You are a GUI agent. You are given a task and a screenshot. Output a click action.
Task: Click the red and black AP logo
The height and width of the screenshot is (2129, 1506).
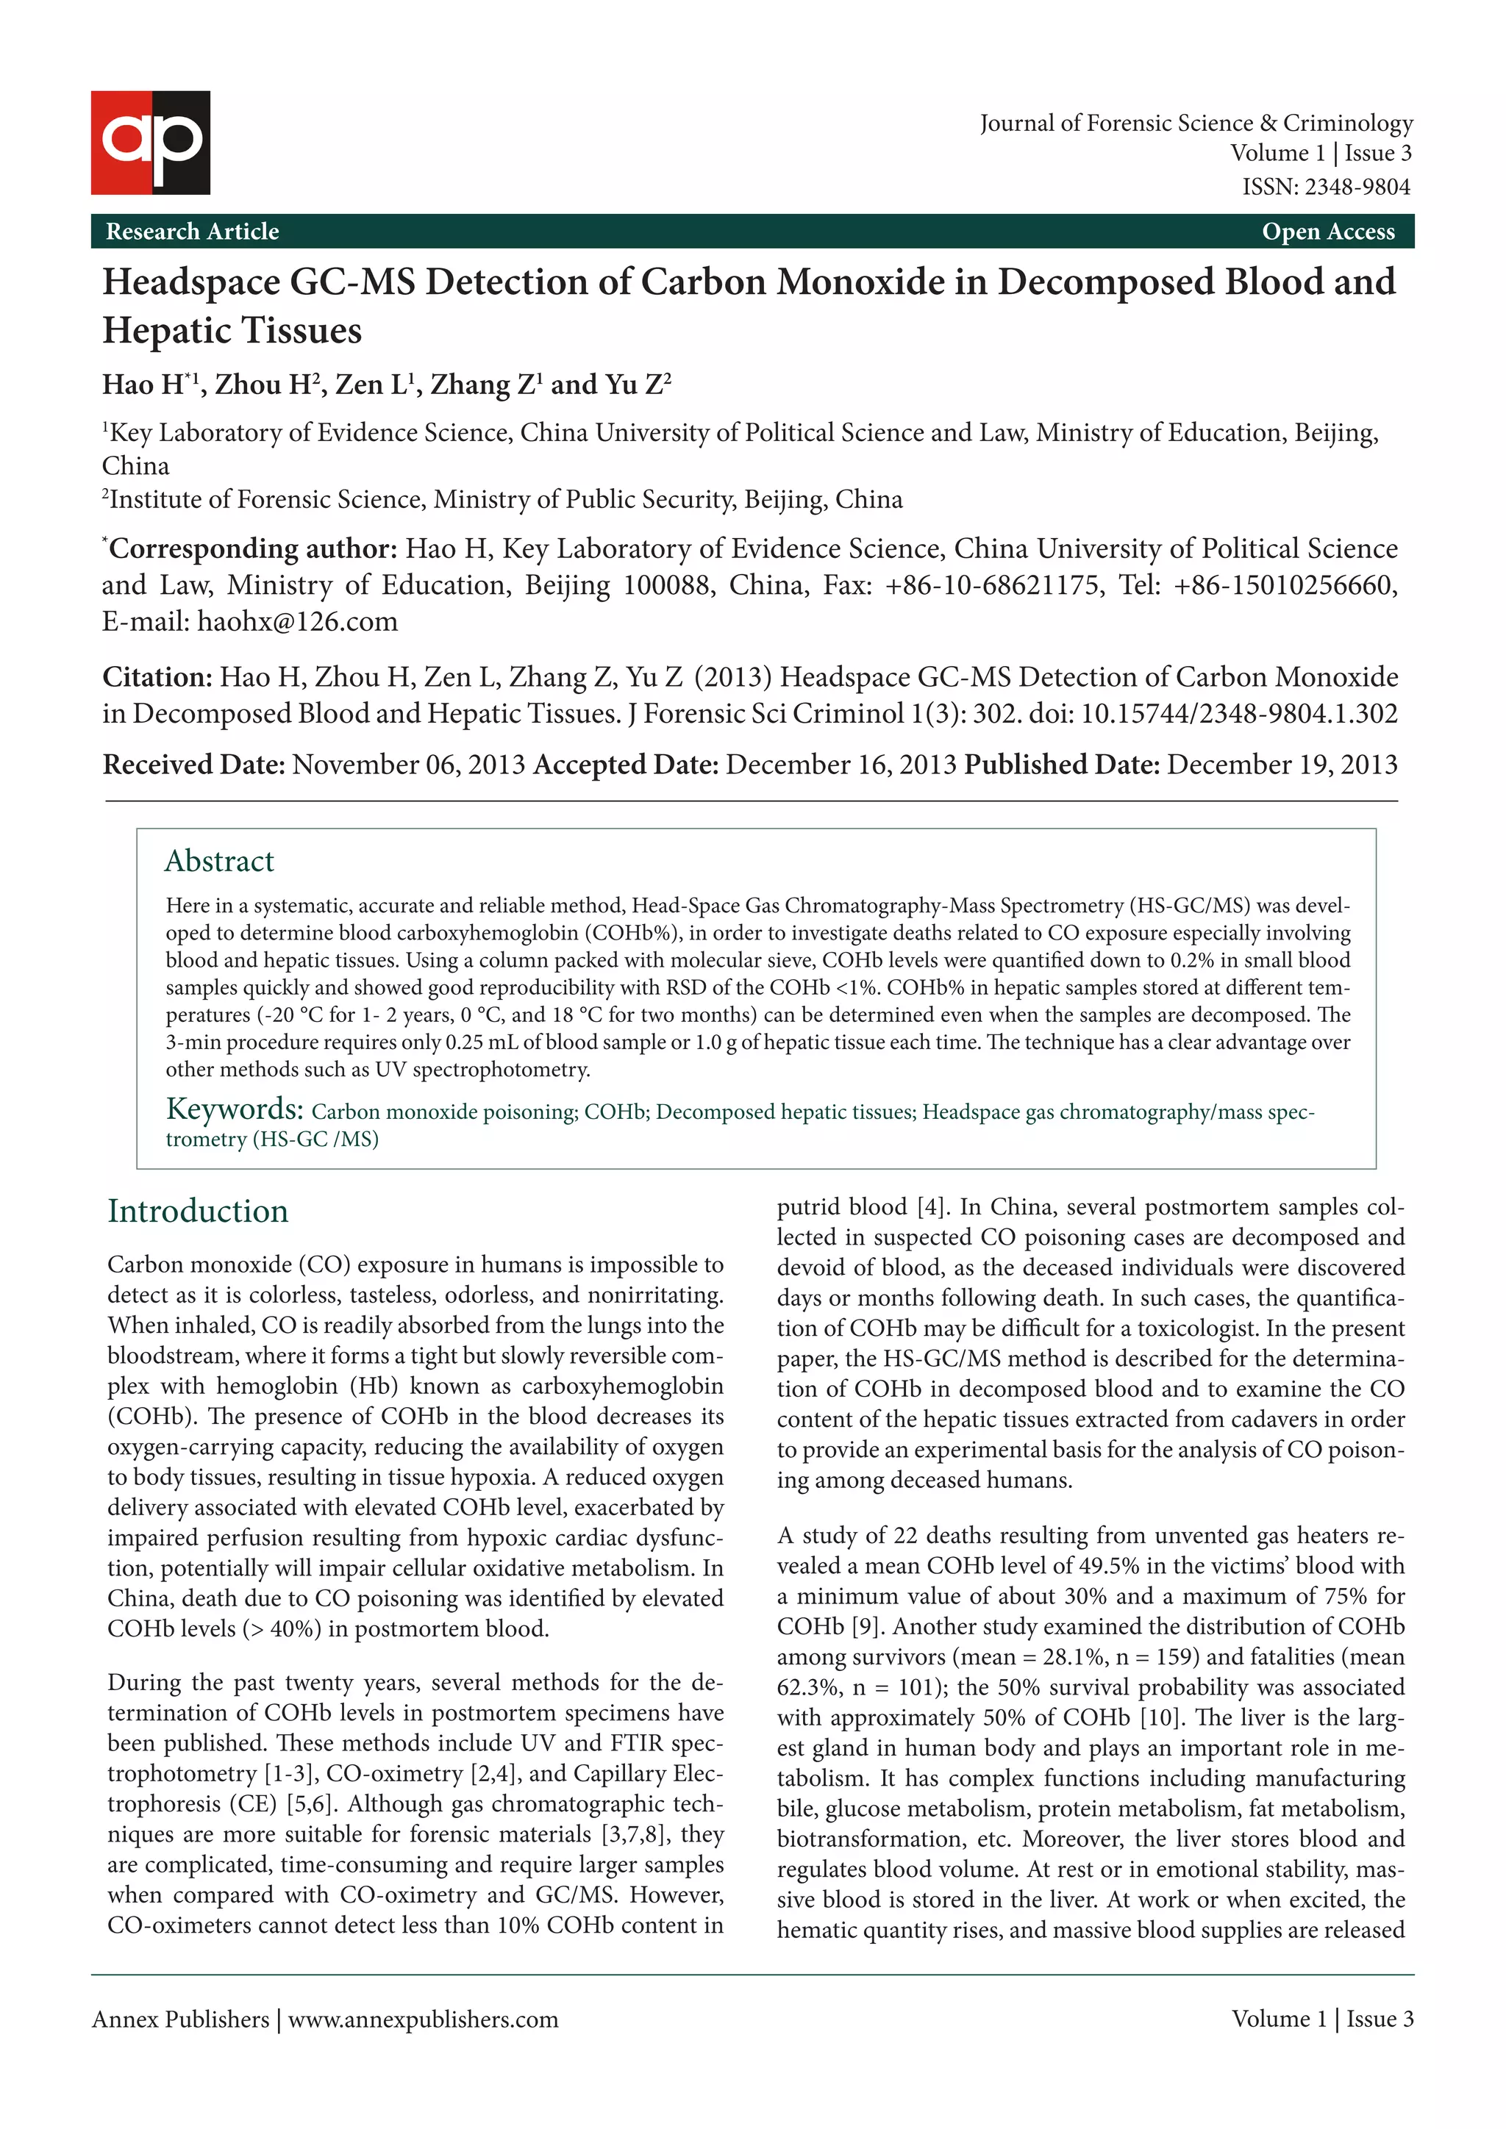(x=150, y=142)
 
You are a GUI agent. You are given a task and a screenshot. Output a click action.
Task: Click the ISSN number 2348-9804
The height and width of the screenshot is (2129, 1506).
(x=1357, y=187)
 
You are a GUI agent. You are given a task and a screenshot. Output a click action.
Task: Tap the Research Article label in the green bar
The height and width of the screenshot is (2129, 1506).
(x=192, y=232)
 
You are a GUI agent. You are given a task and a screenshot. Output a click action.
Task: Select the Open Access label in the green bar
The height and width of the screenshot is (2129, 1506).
(x=1327, y=232)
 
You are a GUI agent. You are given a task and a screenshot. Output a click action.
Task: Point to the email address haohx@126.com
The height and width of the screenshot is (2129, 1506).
(x=297, y=621)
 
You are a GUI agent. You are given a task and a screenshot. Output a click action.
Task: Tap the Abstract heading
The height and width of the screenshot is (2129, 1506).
(x=219, y=861)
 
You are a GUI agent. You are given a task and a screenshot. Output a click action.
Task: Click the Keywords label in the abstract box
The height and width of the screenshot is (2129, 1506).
(x=234, y=1109)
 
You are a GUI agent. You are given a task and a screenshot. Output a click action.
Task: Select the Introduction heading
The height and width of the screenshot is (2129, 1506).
(x=198, y=1211)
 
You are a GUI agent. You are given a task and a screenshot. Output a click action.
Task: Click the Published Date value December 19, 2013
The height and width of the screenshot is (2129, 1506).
(x=1282, y=765)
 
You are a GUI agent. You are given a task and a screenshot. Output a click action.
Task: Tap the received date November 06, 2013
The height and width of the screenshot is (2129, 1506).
(x=408, y=765)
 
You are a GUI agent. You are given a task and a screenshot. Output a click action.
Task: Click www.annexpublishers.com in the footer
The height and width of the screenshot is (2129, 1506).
(x=423, y=2019)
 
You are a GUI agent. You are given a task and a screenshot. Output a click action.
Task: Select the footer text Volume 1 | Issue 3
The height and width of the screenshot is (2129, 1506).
(x=1321, y=2019)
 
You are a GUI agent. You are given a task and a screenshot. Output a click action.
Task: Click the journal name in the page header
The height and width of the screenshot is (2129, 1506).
(x=1196, y=124)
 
